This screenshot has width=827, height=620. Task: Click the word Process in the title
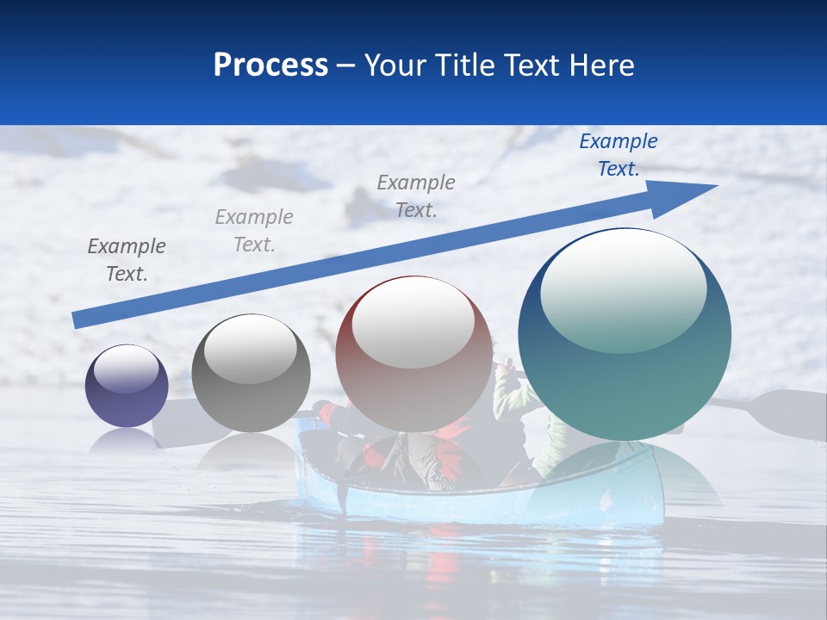pos(270,65)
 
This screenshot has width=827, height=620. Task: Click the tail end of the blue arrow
pos(79,319)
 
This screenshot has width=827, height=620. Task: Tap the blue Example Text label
pos(619,155)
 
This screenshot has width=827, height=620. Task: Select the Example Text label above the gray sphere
pos(254,231)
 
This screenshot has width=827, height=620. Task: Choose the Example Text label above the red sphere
pos(416,196)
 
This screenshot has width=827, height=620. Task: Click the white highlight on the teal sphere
pos(623,288)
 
